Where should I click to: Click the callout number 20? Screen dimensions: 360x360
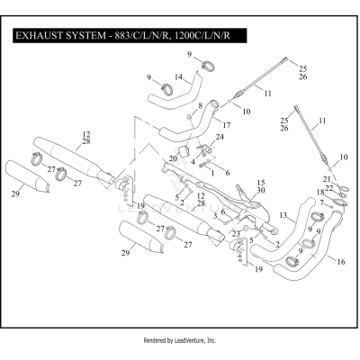173,157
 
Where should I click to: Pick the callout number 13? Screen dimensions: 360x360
283,215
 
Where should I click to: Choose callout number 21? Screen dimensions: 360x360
326,179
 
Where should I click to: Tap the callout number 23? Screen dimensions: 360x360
237,233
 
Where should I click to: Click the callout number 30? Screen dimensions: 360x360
262,191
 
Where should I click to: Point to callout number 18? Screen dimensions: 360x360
319,192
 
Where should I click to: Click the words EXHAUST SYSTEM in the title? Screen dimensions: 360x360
62,37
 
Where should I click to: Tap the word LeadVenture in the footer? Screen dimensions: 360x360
193,341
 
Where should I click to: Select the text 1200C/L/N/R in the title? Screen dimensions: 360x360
207,37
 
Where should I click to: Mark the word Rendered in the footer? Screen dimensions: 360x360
157,341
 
